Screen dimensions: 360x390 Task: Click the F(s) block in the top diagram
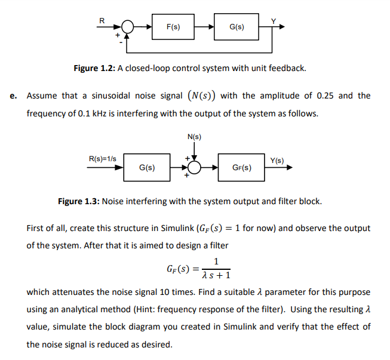pyautogui.click(x=173, y=27)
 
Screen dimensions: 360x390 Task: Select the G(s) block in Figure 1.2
pyautogui.click(x=237, y=27)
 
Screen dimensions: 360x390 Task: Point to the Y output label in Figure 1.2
pyautogui.click(x=274, y=21)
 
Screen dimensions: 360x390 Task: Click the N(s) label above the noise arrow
pyautogui.click(x=194, y=137)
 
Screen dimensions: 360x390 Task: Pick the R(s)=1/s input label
pyautogui.click(x=103, y=160)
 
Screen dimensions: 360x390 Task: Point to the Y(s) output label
pyautogui.click(x=277, y=160)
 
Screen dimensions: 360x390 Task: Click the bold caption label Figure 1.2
pyautogui.click(x=94, y=68)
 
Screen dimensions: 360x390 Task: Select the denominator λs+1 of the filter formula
pyautogui.click(x=216, y=275)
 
